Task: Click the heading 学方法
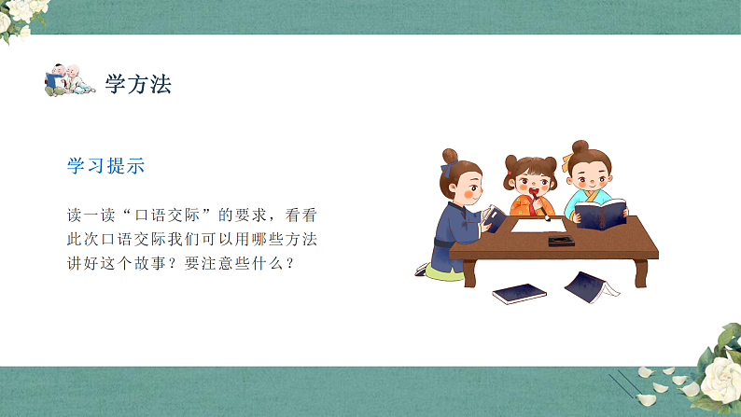138,84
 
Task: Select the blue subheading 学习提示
105,166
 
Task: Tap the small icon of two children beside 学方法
70,81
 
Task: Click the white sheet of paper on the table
532,225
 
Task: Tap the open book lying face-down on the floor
590,285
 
